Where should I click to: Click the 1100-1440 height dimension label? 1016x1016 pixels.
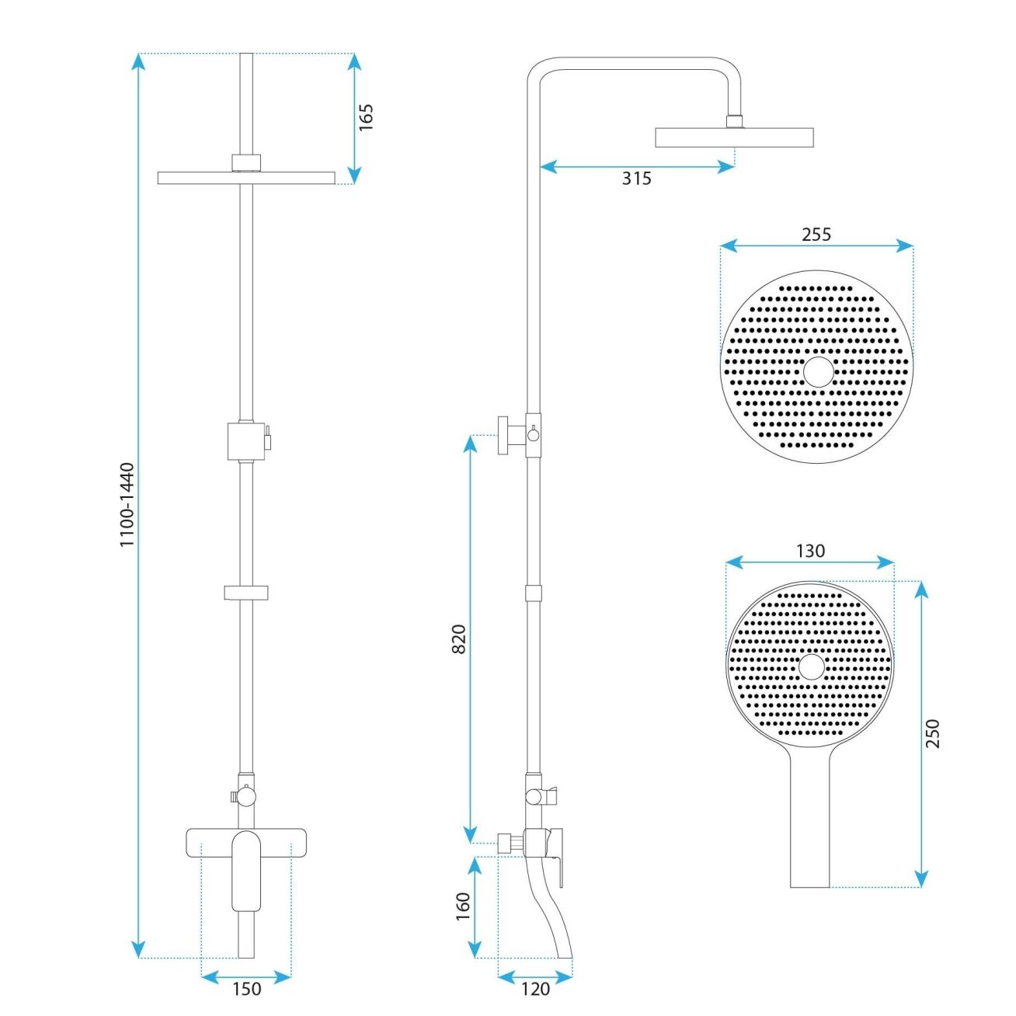coord(127,505)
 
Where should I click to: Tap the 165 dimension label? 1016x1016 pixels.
coord(365,117)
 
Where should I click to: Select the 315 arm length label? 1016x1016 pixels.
coord(636,179)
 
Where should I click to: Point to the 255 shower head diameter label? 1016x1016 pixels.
coord(816,234)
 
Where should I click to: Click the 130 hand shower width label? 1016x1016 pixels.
coord(810,551)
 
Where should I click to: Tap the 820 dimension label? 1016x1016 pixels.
coord(459,639)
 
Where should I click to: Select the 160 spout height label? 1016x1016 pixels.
coord(462,906)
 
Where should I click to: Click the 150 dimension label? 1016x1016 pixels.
coord(247,989)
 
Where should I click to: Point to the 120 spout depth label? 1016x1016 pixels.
coord(535,989)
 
